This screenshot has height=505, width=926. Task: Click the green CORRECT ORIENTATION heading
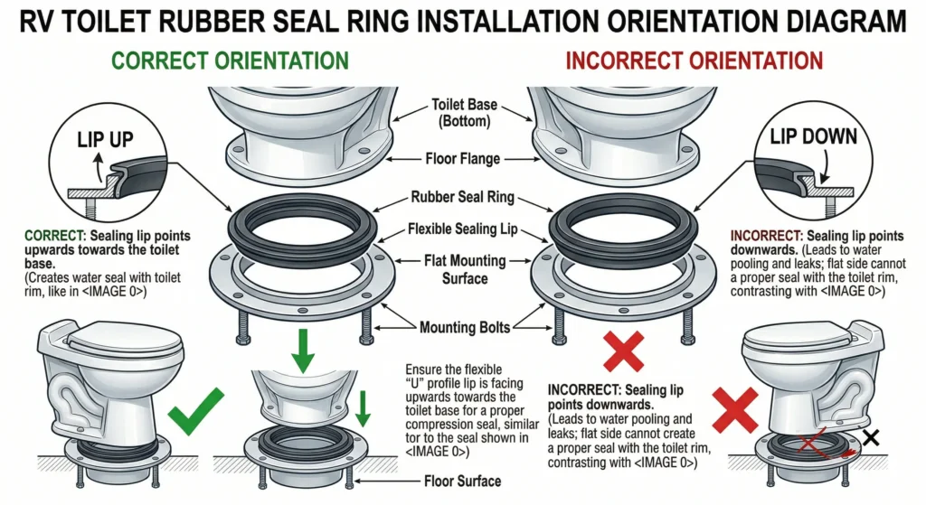coord(230,61)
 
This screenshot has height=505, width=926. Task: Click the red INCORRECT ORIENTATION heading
coord(694,61)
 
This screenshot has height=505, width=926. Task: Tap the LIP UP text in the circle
coord(105,140)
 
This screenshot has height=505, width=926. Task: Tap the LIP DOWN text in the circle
coord(813,137)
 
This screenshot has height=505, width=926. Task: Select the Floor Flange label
coord(462,159)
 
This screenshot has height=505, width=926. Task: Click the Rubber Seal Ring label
coord(462,197)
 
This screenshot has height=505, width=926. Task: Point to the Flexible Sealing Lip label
coord(462,229)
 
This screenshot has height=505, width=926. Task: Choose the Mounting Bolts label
coord(464,327)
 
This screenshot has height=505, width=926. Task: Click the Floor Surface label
coord(462,482)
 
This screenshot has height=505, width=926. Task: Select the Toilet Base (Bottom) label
coord(464,113)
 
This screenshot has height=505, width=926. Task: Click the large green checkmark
coord(195,411)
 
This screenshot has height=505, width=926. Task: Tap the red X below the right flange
coord(624,351)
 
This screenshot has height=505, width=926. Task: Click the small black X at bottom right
coord(871,437)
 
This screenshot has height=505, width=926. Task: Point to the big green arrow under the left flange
coord(303,351)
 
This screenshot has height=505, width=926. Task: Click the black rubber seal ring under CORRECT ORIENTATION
coord(302,227)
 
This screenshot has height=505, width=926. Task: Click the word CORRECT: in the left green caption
coord(55,236)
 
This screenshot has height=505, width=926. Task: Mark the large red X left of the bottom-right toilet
coord(734,410)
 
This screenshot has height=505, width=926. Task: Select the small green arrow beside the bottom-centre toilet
coord(363,408)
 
